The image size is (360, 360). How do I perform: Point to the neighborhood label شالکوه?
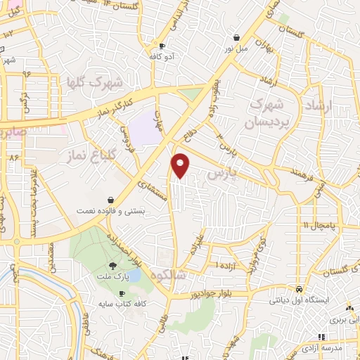pyautogui.click(x=184, y=276)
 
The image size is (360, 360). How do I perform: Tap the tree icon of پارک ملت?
pyautogui.click(x=113, y=266)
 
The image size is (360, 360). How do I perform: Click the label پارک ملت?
pyautogui.click(x=113, y=276)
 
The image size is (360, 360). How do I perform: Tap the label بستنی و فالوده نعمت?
pyautogui.click(x=112, y=211)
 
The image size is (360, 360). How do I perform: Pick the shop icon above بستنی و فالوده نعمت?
pyautogui.click(x=112, y=200)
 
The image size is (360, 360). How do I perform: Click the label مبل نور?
pyautogui.click(x=237, y=49)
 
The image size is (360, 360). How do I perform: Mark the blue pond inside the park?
pyautogui.click(x=131, y=277)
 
